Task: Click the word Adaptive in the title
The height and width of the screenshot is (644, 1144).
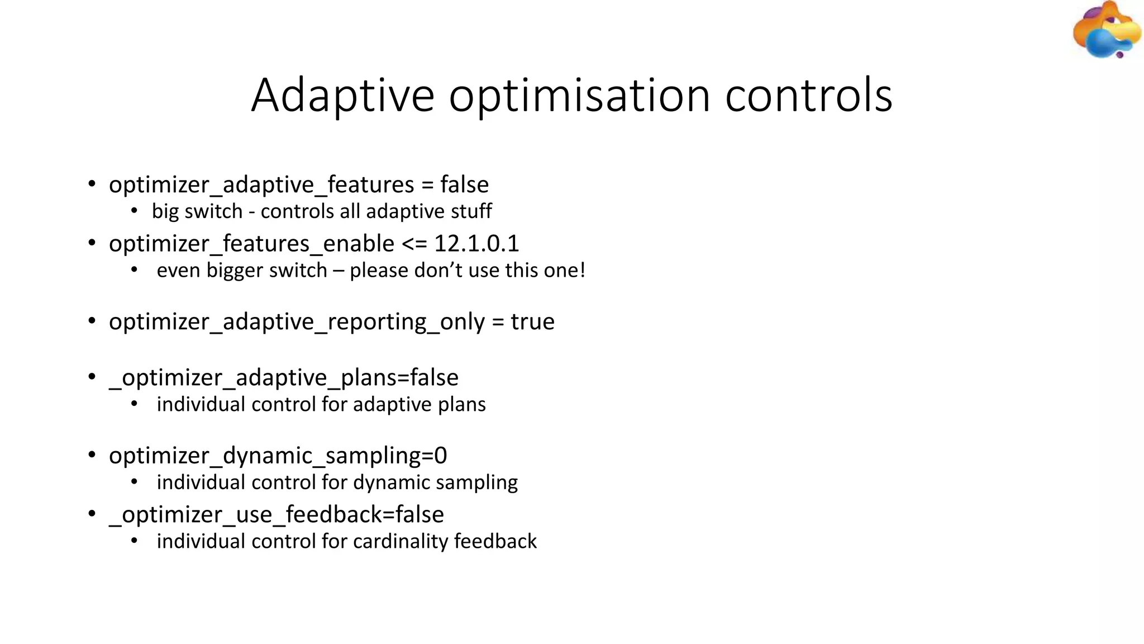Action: (x=342, y=95)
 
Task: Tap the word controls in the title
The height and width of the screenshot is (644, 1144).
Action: (x=808, y=95)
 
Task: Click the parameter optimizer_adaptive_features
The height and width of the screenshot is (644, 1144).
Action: (x=261, y=184)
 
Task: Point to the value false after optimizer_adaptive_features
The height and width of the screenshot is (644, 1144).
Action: (x=464, y=184)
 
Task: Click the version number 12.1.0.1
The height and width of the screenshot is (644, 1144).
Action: (x=476, y=243)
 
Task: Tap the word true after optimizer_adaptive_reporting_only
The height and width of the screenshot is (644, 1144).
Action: (x=532, y=321)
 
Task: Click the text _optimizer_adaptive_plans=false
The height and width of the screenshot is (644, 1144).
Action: (x=284, y=378)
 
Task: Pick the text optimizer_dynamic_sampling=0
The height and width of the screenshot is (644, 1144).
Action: (x=278, y=456)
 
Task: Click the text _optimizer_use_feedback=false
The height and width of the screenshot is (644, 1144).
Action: (x=277, y=514)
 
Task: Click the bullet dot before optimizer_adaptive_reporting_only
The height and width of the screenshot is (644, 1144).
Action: (x=92, y=321)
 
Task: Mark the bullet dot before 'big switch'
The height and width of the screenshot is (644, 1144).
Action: (x=134, y=211)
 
